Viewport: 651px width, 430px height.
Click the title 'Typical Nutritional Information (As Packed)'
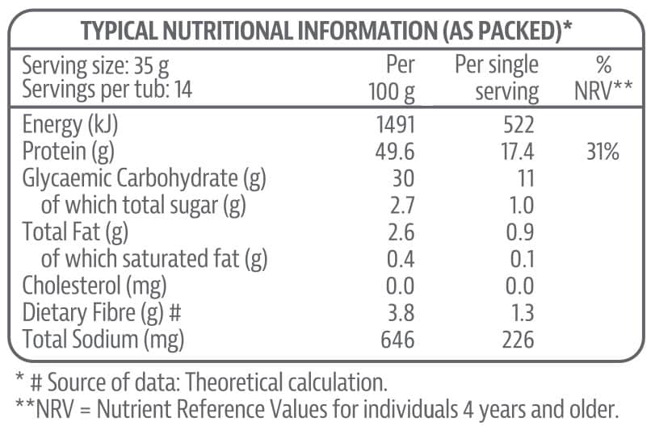tap(325, 31)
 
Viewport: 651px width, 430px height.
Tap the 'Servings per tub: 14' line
tap(107, 90)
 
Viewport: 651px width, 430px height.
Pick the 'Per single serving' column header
tap(497, 78)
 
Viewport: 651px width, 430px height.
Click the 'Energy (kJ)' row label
tap(75, 125)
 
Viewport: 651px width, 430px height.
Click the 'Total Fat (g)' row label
tap(76, 232)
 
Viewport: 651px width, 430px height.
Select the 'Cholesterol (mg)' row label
tap(94, 286)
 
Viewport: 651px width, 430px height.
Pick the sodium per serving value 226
tap(516, 340)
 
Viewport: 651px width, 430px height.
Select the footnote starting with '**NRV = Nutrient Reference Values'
tap(317, 409)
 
